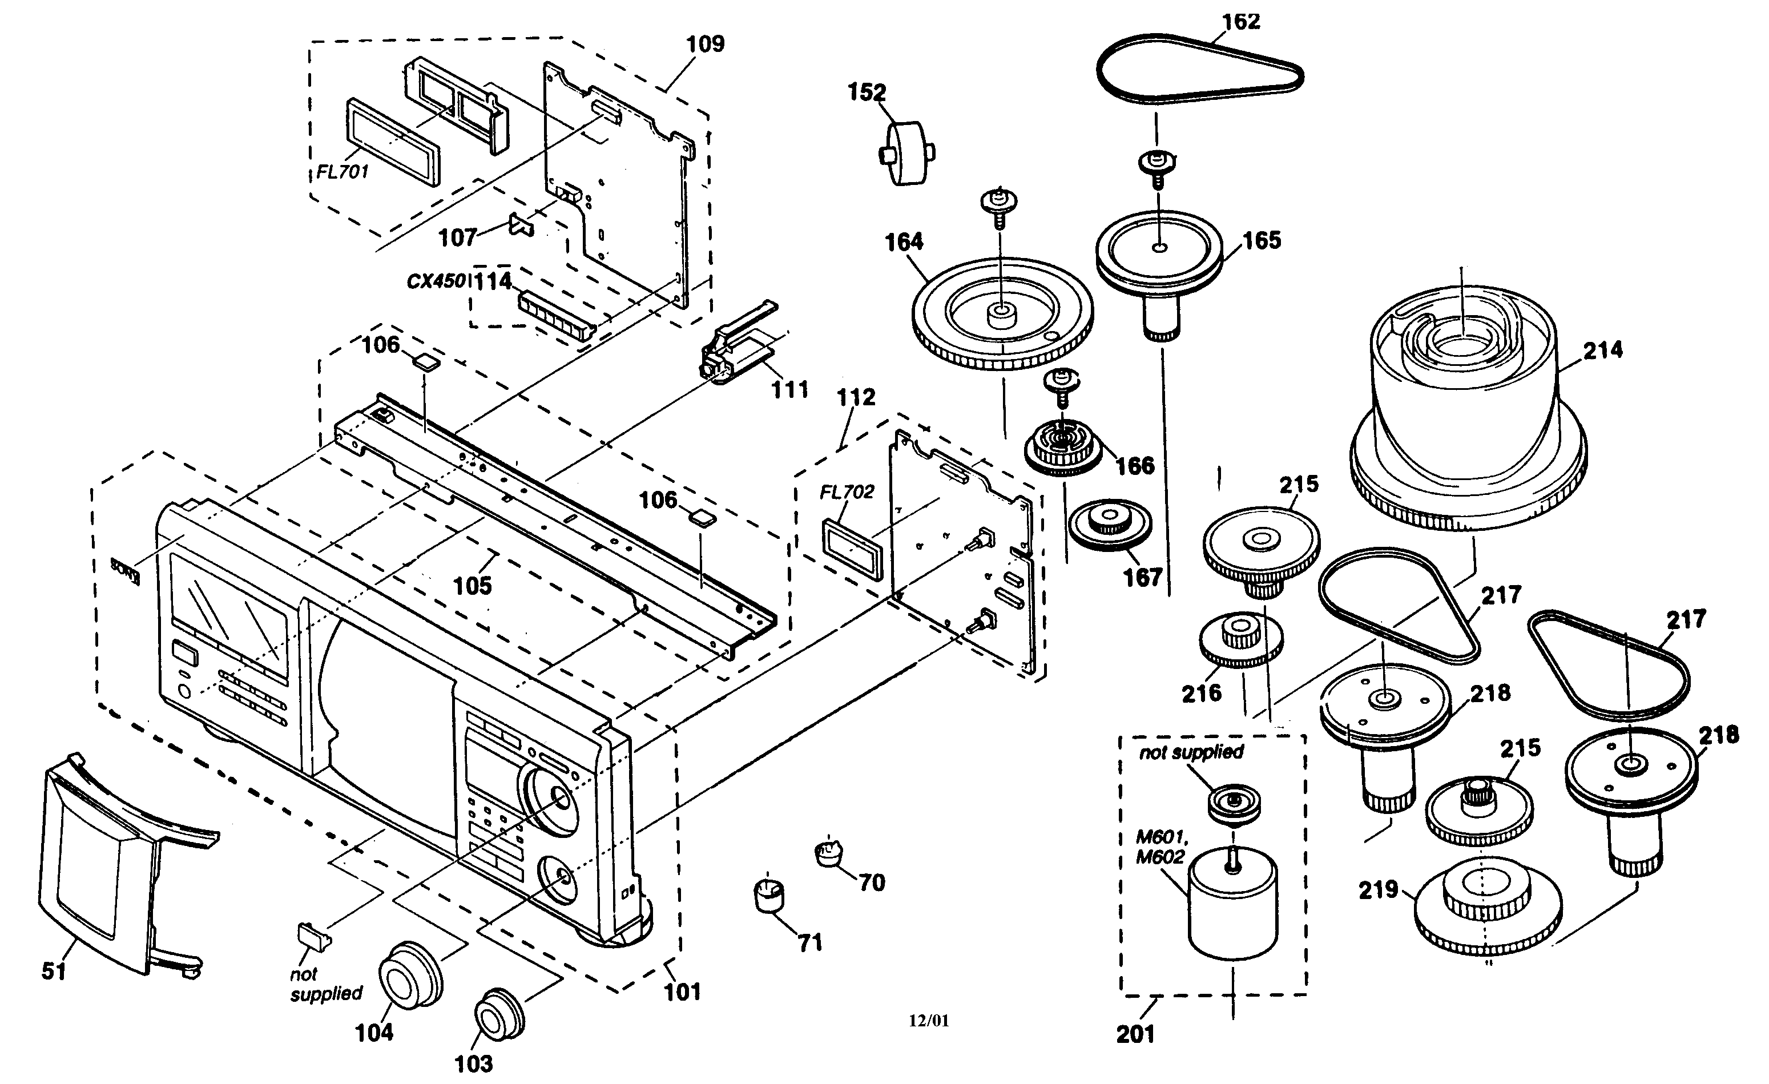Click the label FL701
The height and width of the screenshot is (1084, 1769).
tap(342, 172)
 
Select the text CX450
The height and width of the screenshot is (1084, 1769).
tap(436, 281)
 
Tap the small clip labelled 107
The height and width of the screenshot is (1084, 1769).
tap(522, 225)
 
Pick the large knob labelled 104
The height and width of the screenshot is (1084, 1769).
tap(409, 976)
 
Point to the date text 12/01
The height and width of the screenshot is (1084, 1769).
tap(928, 1021)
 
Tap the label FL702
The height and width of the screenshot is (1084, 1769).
tap(847, 493)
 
